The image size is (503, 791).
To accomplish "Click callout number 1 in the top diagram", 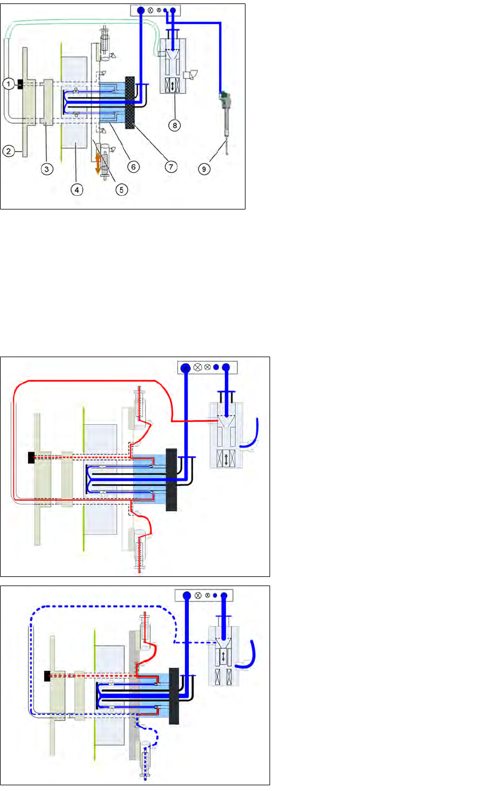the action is point(7,84).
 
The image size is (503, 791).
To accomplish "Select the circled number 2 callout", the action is point(8,152).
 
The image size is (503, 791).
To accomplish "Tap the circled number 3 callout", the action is point(47,169).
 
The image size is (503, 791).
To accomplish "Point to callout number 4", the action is point(77,189).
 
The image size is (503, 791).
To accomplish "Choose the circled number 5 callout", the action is point(122,189).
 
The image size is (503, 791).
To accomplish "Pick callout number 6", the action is point(133,167).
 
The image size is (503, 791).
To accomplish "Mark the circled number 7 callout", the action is point(171,167).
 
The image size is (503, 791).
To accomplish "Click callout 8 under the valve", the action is point(175,124).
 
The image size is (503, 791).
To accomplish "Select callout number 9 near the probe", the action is point(204,169).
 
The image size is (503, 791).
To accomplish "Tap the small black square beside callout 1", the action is point(20,84).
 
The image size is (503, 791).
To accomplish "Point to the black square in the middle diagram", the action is point(31,458).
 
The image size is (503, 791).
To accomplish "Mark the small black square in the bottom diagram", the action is point(48,676).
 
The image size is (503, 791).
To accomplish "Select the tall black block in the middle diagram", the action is point(171,480).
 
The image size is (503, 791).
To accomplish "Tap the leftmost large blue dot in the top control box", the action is point(140,10).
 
